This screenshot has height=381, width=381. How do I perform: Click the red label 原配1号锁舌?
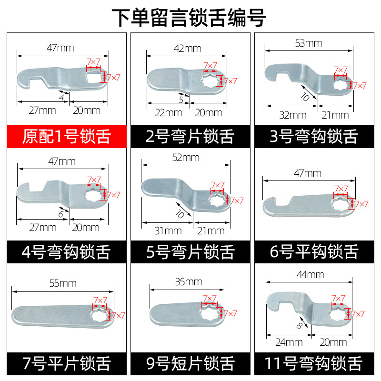[67, 136]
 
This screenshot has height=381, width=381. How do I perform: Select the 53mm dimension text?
[309, 43]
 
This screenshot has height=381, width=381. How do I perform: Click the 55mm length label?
[63, 283]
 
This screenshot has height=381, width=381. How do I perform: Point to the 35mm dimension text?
[189, 282]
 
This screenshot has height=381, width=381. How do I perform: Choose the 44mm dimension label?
[311, 275]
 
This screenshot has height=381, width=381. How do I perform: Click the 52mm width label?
[186, 158]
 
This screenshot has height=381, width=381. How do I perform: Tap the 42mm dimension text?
[188, 49]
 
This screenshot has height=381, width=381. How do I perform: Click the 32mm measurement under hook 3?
[293, 115]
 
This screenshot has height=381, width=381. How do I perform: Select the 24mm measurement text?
[289, 342]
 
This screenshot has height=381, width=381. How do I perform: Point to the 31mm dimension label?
[168, 231]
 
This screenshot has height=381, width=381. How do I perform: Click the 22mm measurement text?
[169, 113]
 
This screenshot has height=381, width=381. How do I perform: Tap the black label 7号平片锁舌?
[67, 363]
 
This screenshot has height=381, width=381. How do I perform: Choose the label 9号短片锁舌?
[190, 363]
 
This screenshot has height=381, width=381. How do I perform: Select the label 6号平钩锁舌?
[314, 251]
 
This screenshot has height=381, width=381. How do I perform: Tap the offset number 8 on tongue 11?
[300, 326]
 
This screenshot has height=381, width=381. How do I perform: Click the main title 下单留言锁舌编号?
[189, 18]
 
